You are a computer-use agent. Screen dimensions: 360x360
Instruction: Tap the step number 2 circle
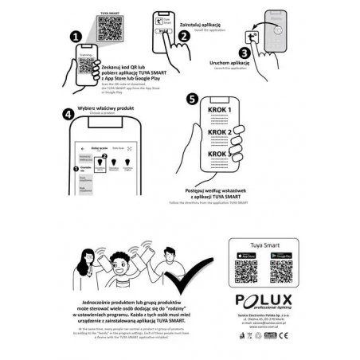[182, 35]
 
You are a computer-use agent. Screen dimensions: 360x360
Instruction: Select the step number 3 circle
[244, 53]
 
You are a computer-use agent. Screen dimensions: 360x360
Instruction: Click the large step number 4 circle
[69, 113]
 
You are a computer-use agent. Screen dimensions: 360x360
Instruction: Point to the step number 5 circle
[191, 99]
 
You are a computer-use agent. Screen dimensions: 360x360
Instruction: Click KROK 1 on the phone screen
[219, 109]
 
